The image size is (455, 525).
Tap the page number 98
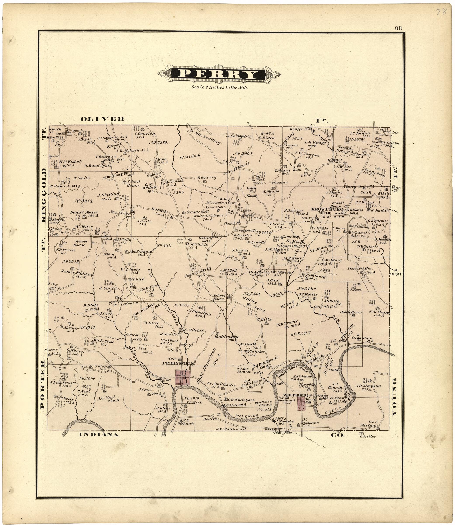pyautogui.click(x=398, y=28)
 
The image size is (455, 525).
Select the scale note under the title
pyautogui.click(x=219, y=87)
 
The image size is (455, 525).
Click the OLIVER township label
pyautogui.click(x=103, y=119)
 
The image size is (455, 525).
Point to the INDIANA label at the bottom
pyautogui.click(x=99, y=434)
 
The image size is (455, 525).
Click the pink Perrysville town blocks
pyautogui.click(x=183, y=378)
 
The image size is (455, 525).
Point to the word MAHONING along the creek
pyautogui.click(x=247, y=416)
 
